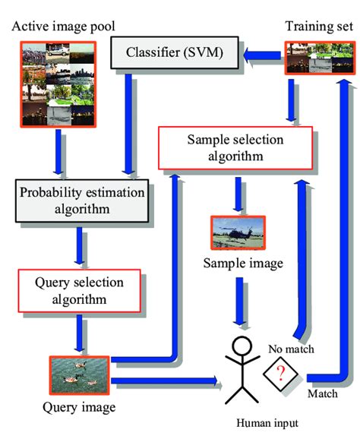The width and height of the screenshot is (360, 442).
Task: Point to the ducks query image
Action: click(77, 374)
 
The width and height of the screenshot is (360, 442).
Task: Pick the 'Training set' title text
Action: click(318, 27)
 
